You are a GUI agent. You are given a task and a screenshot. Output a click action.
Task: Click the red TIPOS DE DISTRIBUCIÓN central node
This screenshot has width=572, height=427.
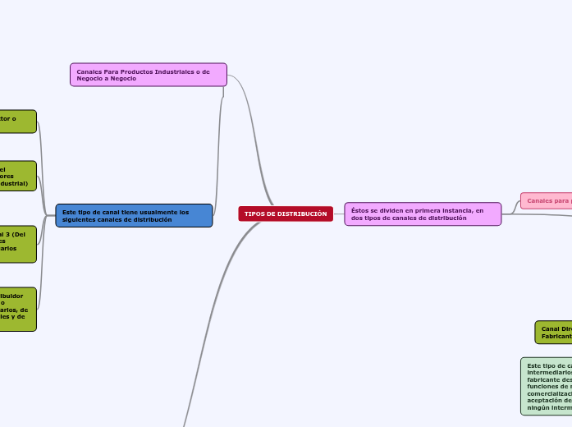[286, 213]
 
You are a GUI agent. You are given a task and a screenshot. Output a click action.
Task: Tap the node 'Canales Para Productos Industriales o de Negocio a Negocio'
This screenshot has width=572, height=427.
[148, 75]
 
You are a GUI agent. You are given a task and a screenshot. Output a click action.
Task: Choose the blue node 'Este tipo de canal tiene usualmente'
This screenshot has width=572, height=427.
[134, 215]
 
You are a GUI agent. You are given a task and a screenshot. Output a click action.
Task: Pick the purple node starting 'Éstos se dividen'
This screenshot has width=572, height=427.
[423, 213]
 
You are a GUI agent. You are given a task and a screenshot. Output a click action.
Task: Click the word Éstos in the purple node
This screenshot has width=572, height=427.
[359, 210]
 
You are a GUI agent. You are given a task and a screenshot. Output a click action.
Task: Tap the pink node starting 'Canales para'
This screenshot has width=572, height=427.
[546, 200]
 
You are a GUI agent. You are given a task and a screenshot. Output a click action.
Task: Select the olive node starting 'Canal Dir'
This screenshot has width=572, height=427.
[554, 333]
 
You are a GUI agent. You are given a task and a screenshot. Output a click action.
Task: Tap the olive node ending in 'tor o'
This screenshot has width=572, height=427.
[17, 122]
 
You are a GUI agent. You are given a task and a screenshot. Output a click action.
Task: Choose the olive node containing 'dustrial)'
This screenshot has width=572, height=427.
[17, 176]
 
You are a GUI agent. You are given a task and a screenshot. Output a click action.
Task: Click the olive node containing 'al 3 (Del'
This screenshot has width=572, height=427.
[17, 244]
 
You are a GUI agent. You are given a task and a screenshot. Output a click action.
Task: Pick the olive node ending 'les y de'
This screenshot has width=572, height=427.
[17, 309]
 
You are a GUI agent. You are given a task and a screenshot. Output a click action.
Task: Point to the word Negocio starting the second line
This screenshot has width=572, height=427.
[90, 78]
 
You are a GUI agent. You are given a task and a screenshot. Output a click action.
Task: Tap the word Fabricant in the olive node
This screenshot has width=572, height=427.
[556, 337]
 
